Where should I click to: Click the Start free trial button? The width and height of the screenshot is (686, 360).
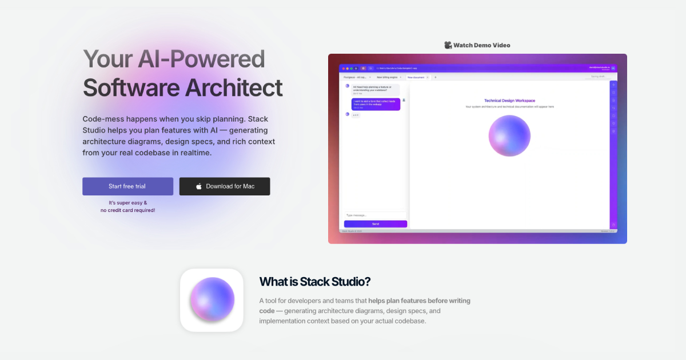click(127, 186)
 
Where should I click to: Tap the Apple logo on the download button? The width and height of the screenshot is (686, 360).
click(199, 186)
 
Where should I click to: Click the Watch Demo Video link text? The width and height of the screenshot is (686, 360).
click(481, 45)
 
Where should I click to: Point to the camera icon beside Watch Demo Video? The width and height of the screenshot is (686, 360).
click(448, 45)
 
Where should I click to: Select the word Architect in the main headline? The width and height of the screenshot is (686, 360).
click(233, 87)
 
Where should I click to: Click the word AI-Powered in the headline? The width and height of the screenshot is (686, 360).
click(201, 59)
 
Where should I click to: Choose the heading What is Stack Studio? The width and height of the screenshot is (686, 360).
click(315, 282)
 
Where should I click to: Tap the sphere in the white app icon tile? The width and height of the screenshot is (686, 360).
click(212, 299)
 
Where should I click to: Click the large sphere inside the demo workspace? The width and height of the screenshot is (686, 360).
click(509, 135)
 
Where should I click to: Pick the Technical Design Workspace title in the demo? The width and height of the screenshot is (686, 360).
click(509, 101)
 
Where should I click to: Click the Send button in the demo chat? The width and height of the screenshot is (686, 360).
click(376, 224)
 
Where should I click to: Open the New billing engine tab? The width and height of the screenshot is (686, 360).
click(388, 77)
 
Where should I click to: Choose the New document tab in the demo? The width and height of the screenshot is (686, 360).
click(416, 77)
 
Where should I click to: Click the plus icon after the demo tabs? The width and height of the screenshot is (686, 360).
click(436, 77)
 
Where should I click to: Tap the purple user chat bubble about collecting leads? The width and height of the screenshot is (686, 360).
click(368, 103)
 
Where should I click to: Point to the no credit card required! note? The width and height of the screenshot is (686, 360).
click(127, 210)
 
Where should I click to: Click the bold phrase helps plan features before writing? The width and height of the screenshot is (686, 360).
click(419, 301)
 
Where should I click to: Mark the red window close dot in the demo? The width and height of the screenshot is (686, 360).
click(342, 68)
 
